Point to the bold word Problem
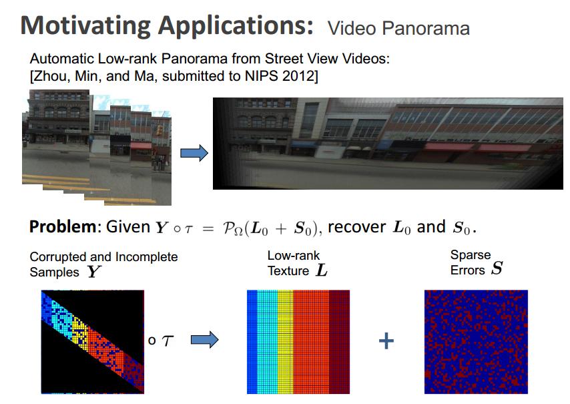click(62, 227)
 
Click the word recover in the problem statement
click(355, 227)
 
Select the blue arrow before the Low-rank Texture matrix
click(204, 341)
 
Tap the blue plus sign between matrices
click(386, 341)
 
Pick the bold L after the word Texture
click(322, 271)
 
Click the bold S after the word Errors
click(496, 269)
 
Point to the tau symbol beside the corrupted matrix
click(167, 341)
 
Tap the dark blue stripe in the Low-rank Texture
click(251, 341)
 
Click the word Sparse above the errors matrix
click(470, 255)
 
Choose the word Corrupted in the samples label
click(55, 257)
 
